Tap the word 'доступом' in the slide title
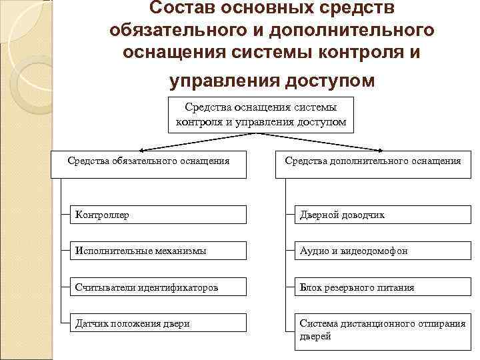tap(330, 80)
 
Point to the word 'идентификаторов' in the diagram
tap(181, 287)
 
